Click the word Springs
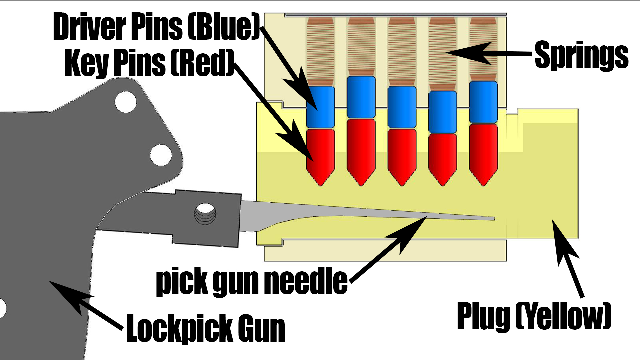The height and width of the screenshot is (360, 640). pyautogui.click(x=581, y=55)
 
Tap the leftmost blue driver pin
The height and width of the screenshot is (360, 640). pyautogui.click(x=320, y=107)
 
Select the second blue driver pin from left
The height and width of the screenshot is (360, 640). pyautogui.click(x=361, y=97)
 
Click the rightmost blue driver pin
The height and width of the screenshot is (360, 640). pyautogui.click(x=483, y=102)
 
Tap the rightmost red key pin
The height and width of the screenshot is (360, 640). pyautogui.click(x=483, y=152)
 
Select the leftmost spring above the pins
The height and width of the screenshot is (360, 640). pyautogui.click(x=320, y=52)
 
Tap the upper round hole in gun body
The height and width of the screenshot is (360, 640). pyautogui.click(x=126, y=102)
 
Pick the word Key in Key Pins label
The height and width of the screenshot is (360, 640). pyautogui.click(x=87, y=63)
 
